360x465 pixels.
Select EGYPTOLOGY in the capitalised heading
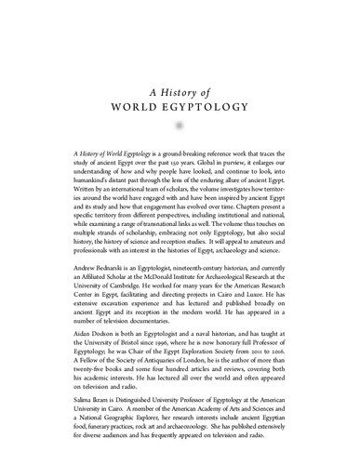(x=206, y=105)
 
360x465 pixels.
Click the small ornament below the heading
(x=180, y=123)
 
